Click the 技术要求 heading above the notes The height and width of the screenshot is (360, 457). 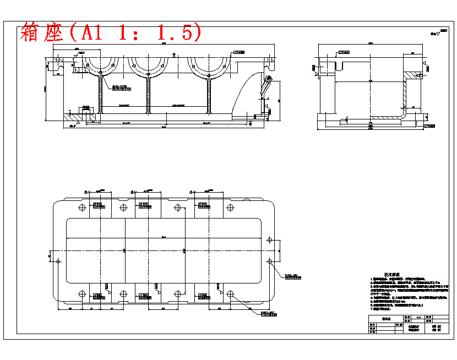391,275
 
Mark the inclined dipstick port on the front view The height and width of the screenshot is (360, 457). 266,86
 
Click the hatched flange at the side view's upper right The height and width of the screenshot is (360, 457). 412,75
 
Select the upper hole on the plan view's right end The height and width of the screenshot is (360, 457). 269,240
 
